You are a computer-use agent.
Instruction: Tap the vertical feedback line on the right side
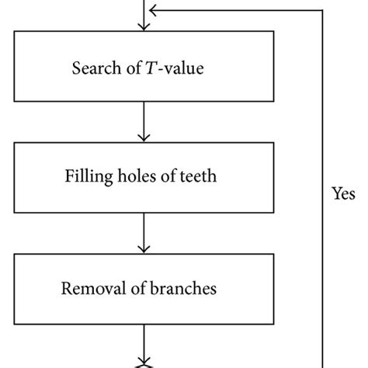(x=322, y=116)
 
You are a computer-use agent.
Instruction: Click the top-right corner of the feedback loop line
(x=322, y=10)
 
